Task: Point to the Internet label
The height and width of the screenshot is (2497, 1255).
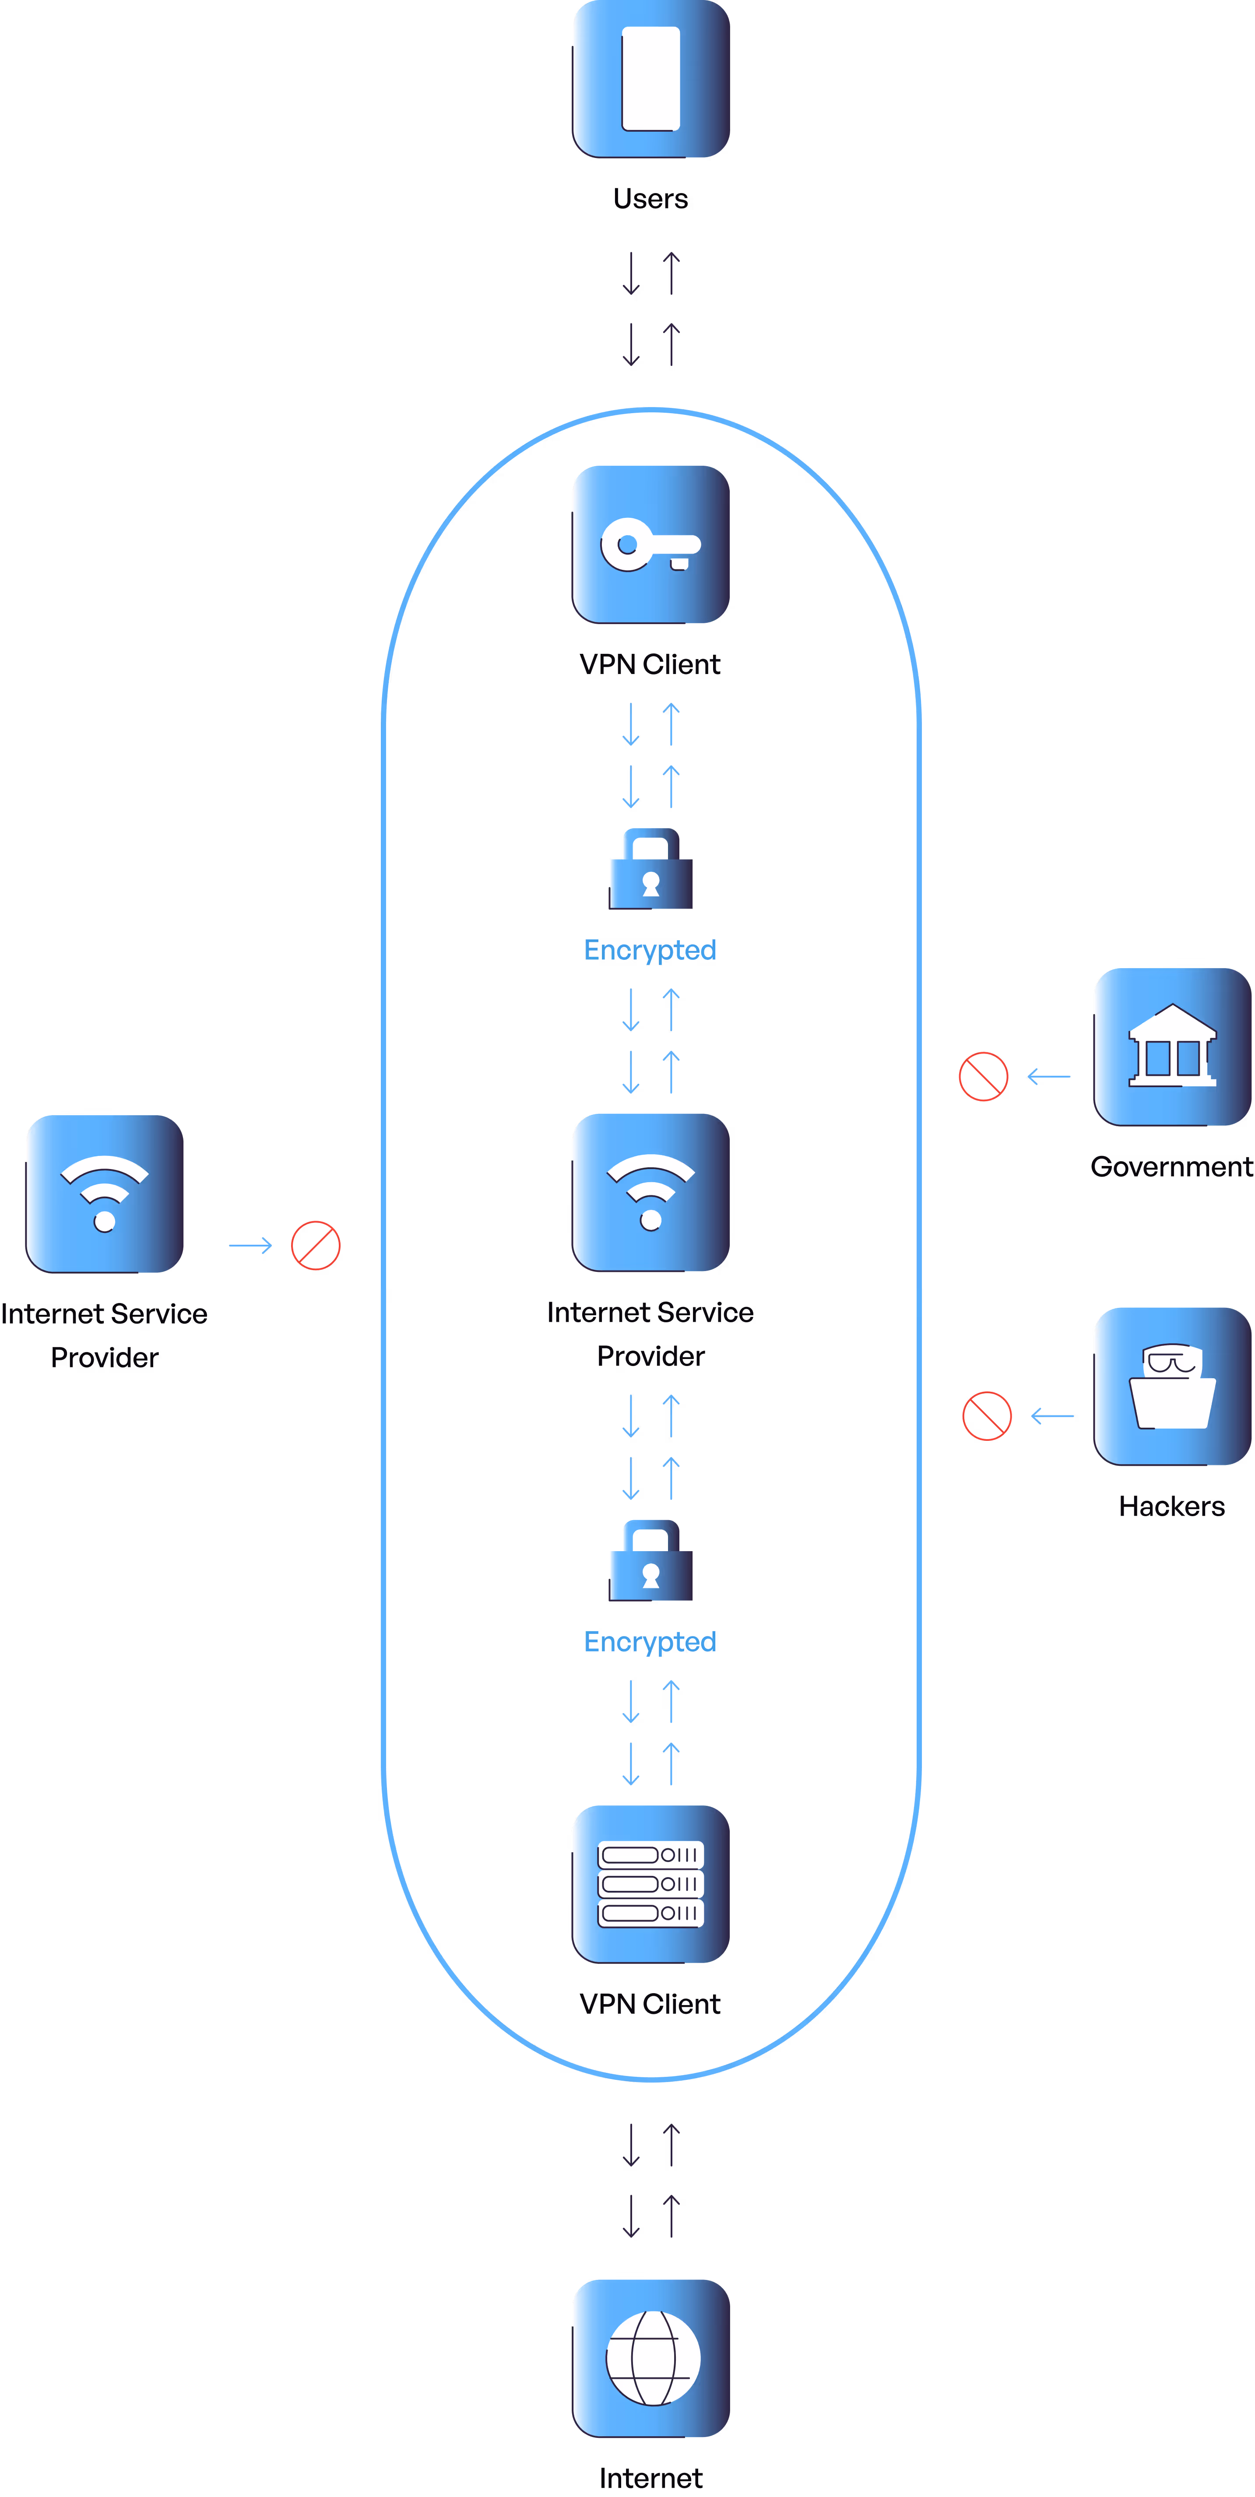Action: click(x=650, y=2479)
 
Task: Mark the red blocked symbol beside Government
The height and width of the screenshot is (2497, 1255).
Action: click(x=984, y=1077)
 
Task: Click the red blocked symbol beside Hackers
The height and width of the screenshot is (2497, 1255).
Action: click(x=987, y=1416)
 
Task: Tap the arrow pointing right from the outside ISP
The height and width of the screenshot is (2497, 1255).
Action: click(x=250, y=1246)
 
